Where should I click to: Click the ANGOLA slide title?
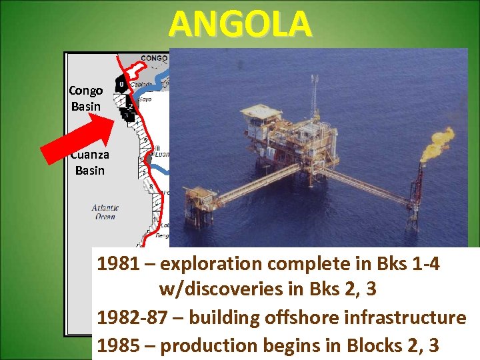click(x=240, y=24)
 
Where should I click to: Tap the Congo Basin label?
click(x=86, y=99)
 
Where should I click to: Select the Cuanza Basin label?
click(x=90, y=163)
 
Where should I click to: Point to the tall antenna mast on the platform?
click(x=313, y=100)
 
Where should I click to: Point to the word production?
click(x=210, y=345)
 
